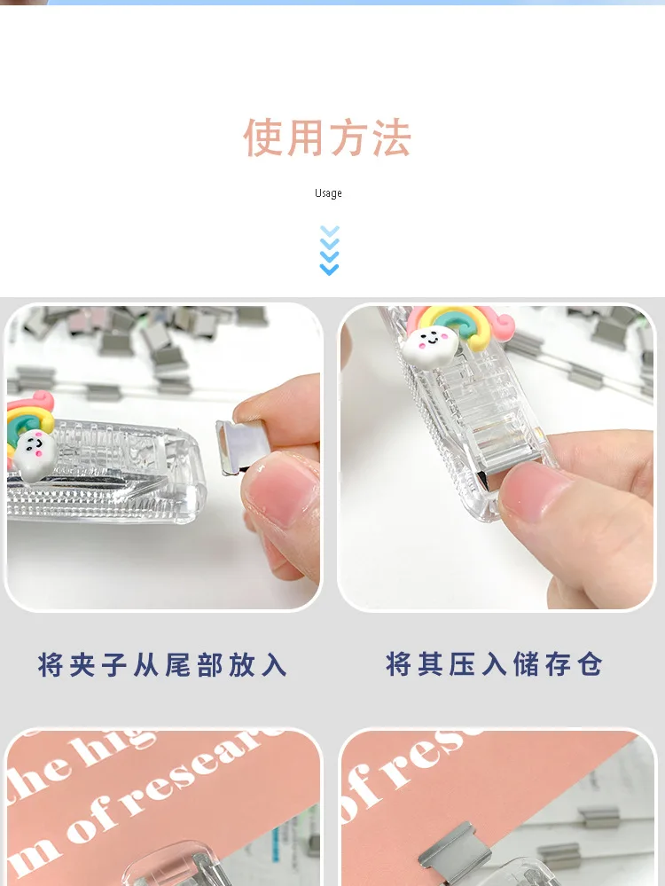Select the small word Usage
pos(328,193)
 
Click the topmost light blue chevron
pos(329,231)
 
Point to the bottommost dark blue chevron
pos(329,269)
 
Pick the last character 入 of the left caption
pos(276,664)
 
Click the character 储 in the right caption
pos(525,663)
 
